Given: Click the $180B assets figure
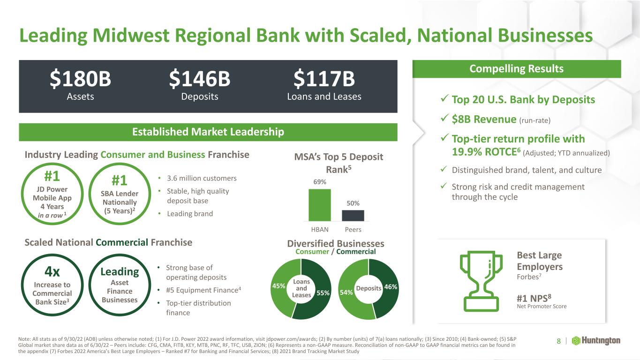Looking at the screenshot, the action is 80,79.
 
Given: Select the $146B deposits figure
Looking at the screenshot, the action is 199,79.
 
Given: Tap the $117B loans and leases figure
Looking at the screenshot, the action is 324,79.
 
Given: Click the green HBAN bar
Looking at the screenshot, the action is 320,205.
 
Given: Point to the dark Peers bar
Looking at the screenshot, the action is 353,216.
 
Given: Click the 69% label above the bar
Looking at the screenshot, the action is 320,182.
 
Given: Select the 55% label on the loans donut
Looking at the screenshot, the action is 323,293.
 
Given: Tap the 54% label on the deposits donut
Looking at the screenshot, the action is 346,292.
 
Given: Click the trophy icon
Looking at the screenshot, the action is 481,281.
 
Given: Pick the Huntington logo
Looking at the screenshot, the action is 596,341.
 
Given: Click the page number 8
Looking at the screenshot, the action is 558,341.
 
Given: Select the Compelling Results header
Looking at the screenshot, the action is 516,69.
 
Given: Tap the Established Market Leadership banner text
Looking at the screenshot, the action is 208,132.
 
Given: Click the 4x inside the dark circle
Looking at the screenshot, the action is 52,271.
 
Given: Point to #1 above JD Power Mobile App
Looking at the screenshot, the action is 52,176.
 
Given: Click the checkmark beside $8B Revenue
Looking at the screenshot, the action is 444,118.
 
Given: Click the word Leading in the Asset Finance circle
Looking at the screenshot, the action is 120,272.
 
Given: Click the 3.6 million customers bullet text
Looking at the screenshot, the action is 202,178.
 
